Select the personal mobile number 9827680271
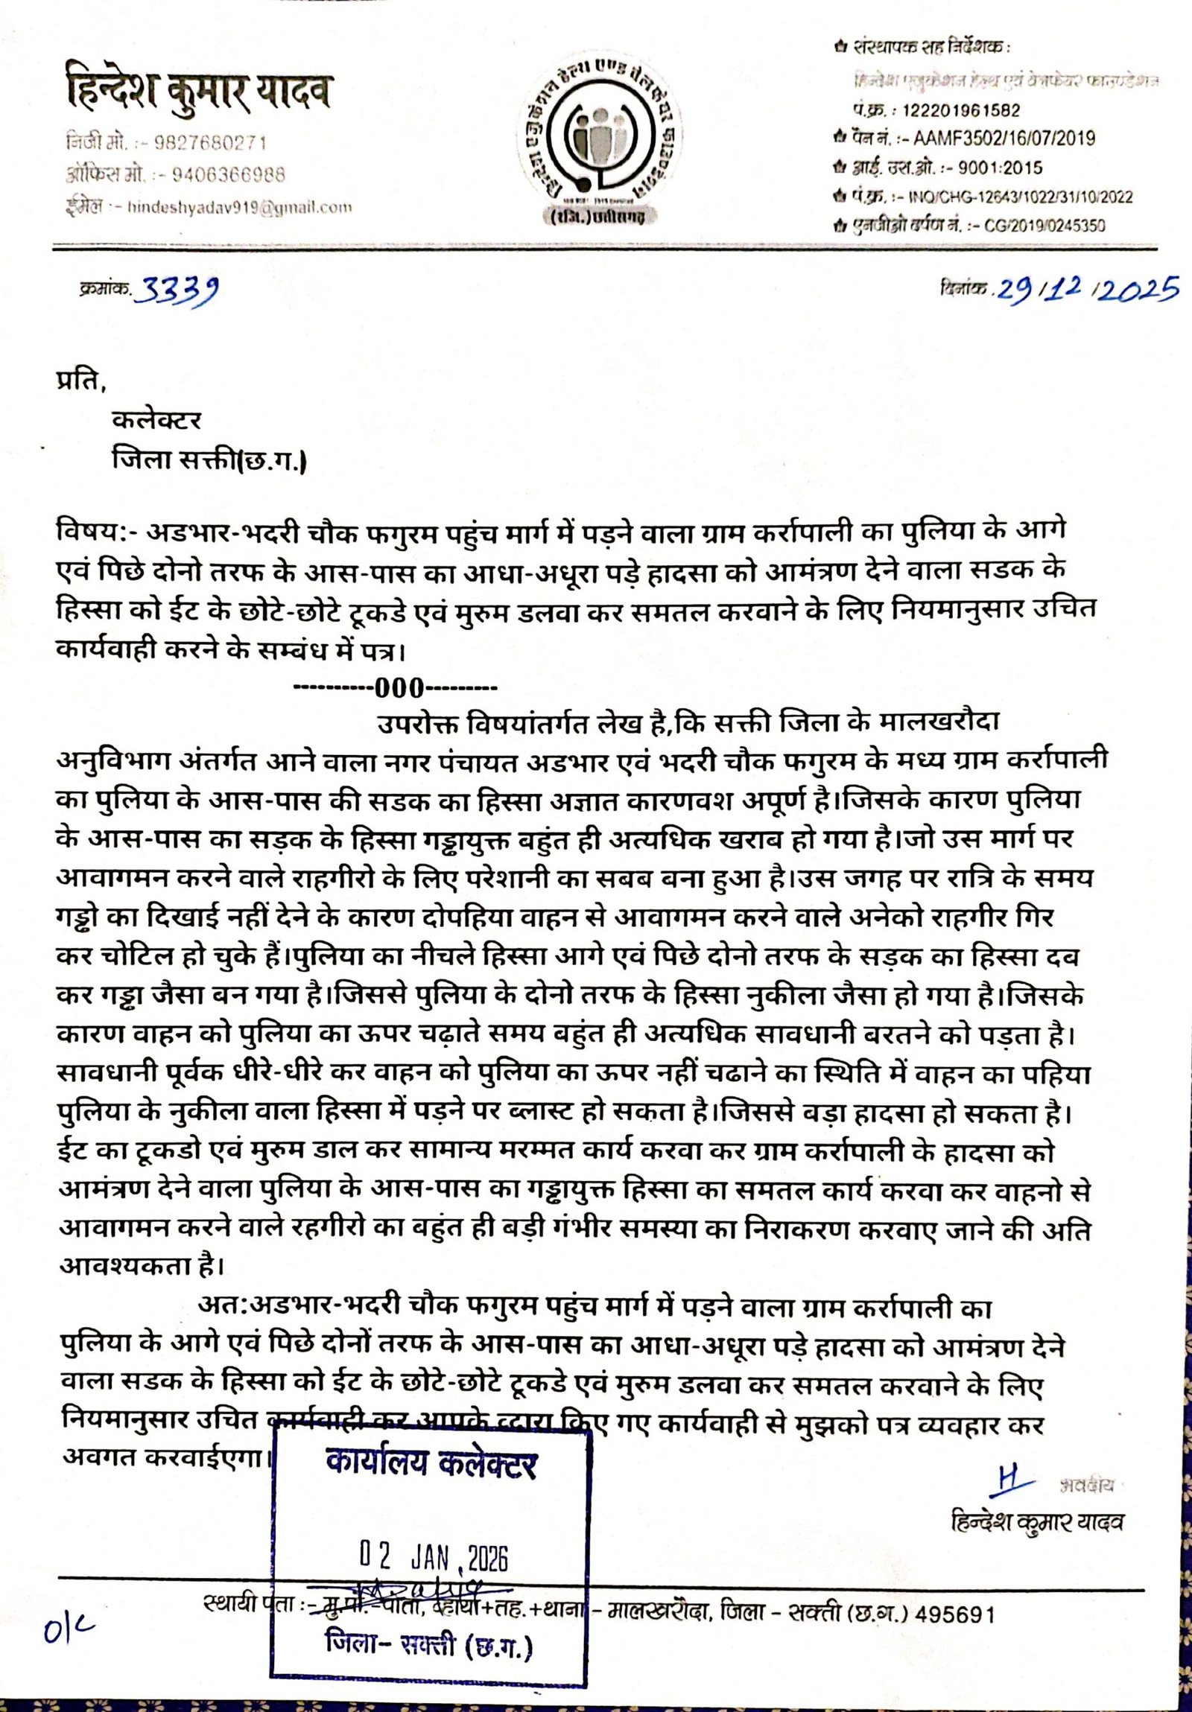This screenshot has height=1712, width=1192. pos(209,142)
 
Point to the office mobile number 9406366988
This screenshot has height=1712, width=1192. pos(228,175)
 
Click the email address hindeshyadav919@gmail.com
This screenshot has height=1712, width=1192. pos(239,207)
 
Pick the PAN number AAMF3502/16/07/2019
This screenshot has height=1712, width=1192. pos(1004,139)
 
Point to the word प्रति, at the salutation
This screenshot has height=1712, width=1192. pos(81,381)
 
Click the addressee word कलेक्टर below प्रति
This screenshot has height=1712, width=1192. pos(156,420)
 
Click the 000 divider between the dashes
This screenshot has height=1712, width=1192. pos(399,687)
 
